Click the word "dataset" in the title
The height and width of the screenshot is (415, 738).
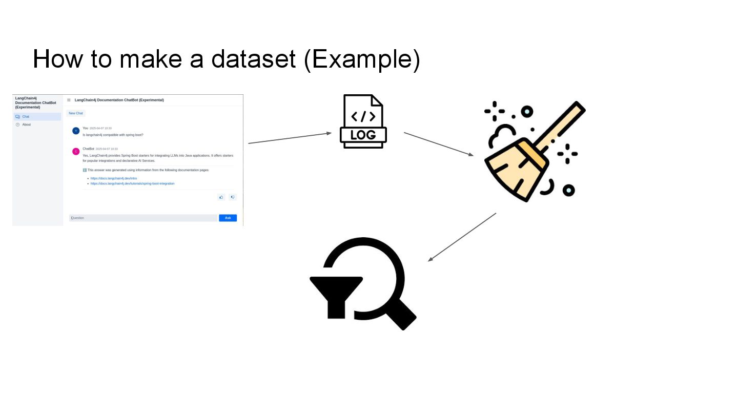[x=253, y=59]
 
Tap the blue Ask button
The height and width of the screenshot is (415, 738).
[x=228, y=218]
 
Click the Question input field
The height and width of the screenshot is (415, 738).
[x=143, y=218]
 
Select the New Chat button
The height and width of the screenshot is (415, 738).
[x=76, y=113]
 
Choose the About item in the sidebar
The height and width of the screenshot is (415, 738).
[x=26, y=125]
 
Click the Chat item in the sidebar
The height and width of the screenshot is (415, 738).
[x=26, y=117]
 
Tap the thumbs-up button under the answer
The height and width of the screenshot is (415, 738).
[x=221, y=197]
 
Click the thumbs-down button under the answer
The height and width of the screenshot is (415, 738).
[x=232, y=197]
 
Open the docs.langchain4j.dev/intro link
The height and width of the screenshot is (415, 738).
[x=114, y=178]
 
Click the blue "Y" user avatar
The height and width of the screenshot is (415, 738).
[x=76, y=131]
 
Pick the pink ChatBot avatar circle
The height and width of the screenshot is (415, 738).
[x=76, y=151]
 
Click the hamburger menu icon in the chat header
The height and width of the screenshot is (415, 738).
[x=69, y=100]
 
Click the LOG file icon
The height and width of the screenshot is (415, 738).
[x=363, y=122]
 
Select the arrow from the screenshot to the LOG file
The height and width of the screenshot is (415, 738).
[x=290, y=138]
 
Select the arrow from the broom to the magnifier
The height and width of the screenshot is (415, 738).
[x=462, y=237]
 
